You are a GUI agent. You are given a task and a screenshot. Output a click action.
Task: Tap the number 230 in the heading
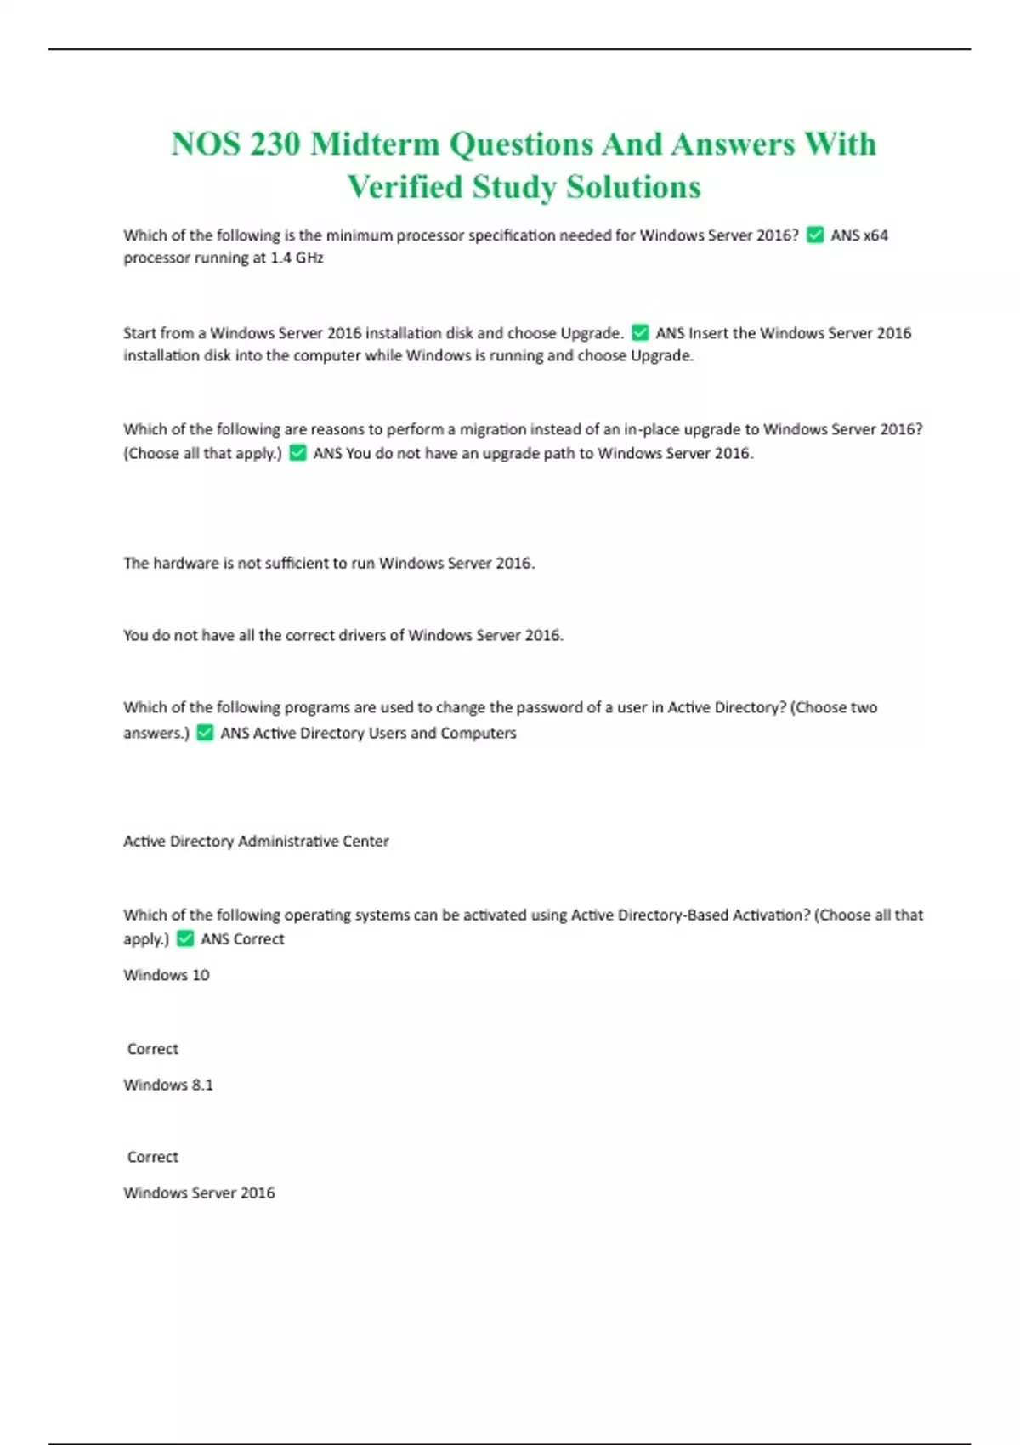pos(275,144)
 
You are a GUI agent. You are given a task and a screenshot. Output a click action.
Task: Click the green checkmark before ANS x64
pos(815,235)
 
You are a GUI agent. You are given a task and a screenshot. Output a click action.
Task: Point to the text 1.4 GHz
pos(297,258)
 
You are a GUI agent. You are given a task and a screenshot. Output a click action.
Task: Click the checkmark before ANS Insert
pos(641,333)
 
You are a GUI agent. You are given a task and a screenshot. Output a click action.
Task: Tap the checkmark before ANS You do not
pos(297,453)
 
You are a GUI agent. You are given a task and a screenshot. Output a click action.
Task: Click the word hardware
pos(185,563)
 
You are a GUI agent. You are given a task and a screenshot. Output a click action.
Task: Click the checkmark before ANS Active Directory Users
pos(205,733)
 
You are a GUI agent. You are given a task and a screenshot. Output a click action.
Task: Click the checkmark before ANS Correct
pos(185,939)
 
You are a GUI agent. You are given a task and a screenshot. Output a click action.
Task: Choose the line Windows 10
pos(167,975)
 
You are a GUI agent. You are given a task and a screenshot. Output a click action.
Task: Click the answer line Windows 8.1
pos(168,1085)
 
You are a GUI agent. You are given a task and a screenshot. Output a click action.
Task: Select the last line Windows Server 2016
pos(199,1193)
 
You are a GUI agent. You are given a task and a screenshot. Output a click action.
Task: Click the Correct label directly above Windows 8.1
pos(153,1049)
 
